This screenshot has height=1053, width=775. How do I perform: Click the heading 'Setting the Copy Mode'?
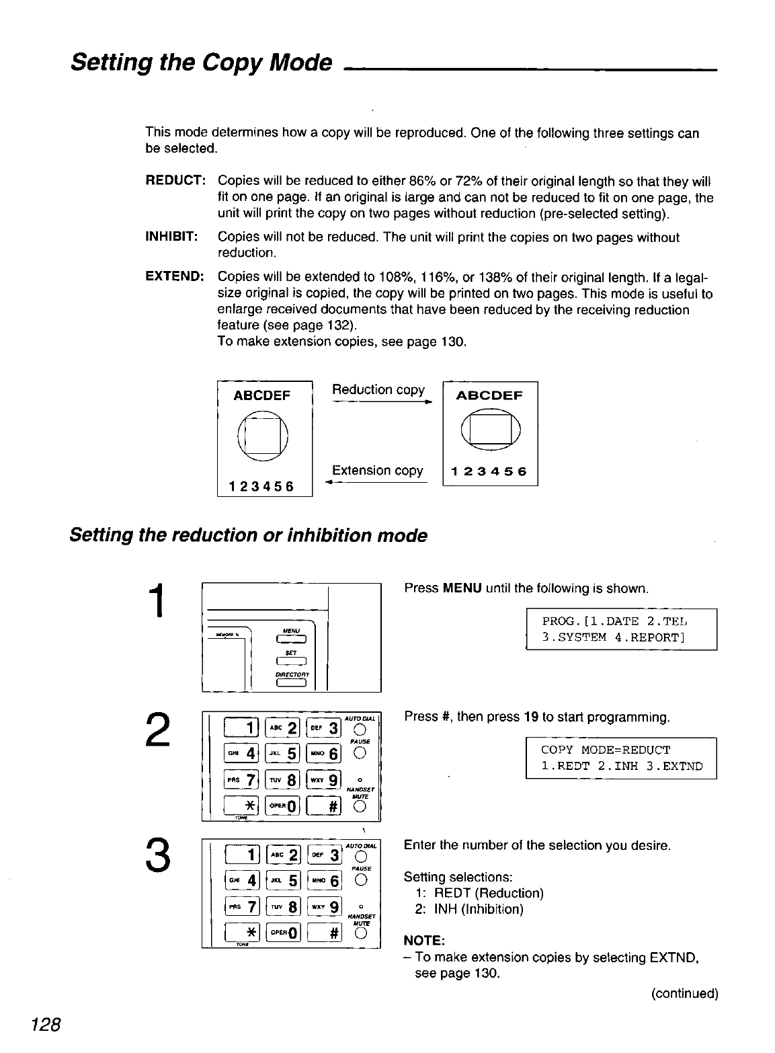201,63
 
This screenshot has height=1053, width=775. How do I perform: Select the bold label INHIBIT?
171,237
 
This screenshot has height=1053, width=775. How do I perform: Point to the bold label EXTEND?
175,277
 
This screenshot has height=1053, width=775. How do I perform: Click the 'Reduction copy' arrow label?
378,390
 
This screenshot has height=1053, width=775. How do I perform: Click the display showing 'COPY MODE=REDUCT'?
621,758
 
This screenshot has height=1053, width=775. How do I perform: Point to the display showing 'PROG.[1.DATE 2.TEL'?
621,629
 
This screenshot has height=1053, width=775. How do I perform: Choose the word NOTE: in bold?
422,939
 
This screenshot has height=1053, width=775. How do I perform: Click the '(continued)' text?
684,993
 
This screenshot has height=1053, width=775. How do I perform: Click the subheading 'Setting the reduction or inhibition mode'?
249,536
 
